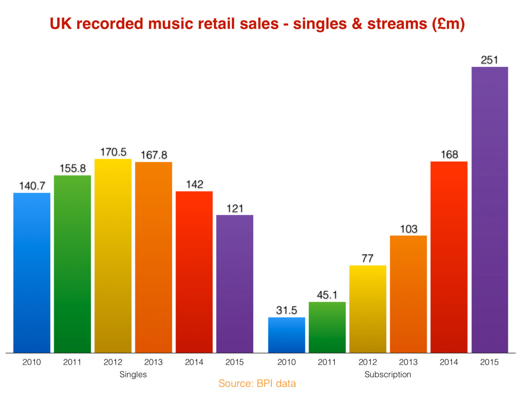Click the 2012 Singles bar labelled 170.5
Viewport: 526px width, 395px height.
(x=113, y=256)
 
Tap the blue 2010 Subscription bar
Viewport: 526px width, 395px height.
(x=287, y=335)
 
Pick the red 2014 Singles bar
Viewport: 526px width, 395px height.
(x=194, y=272)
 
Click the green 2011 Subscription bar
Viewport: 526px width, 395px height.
(x=327, y=327)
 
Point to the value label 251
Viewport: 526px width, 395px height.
(x=489, y=60)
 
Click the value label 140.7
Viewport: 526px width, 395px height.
(x=32, y=186)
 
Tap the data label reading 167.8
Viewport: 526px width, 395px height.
(x=154, y=155)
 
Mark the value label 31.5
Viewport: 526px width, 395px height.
(x=287, y=310)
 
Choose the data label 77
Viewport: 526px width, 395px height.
(x=367, y=258)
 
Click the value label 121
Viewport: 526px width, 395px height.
(x=235, y=208)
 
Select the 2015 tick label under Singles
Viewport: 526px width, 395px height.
(x=235, y=362)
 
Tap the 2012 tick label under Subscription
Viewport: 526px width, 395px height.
(x=368, y=362)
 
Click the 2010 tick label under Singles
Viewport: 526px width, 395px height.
(x=32, y=362)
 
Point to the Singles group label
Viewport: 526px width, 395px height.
(x=133, y=374)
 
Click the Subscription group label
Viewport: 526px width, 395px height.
(x=388, y=374)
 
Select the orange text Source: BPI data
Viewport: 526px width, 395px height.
(x=257, y=383)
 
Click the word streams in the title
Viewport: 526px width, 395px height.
(x=397, y=24)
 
